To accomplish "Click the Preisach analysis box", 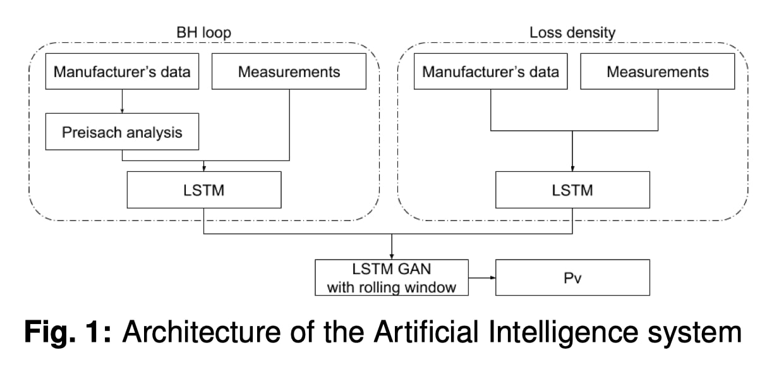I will click(x=122, y=132).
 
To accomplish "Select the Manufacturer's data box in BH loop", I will click(x=122, y=71).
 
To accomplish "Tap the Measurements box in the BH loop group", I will click(x=289, y=71).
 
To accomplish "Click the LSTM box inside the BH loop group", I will click(x=204, y=190).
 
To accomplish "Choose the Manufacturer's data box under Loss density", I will click(x=491, y=71).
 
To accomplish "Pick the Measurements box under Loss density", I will click(x=658, y=71).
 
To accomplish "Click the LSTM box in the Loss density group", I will click(x=573, y=190).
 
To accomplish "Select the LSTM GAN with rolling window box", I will click(x=391, y=277).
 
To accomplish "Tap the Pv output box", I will click(x=572, y=277).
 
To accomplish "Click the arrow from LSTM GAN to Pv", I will click(x=481, y=277).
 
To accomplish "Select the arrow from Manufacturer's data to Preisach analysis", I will click(x=122, y=100).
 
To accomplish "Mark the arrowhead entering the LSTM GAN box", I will click(x=392, y=255).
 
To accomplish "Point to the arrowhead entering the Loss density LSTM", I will click(x=573, y=167).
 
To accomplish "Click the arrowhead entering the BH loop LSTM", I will click(x=204, y=167).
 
